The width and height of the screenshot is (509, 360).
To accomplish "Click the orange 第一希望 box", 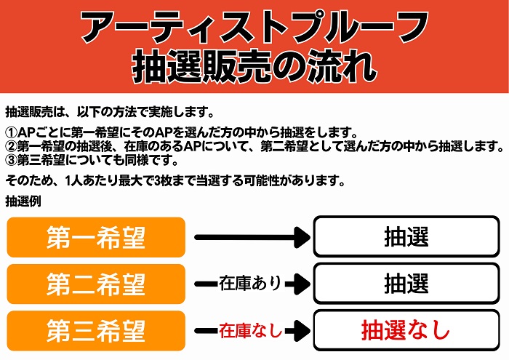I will [x=96, y=236].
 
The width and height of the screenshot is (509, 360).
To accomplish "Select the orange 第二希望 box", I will [x=96, y=284].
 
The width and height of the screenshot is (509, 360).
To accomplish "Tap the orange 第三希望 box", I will [x=96, y=331].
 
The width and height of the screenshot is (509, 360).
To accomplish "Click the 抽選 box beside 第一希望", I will [x=406, y=236].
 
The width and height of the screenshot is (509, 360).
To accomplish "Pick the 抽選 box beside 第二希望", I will [x=406, y=284].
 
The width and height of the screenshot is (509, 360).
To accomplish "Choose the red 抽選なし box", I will [x=406, y=331].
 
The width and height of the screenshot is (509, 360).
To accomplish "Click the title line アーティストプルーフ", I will [x=254, y=28].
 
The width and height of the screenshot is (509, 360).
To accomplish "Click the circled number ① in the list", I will [x=11, y=134].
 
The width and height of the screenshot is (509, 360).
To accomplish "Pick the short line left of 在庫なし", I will [x=206, y=332].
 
